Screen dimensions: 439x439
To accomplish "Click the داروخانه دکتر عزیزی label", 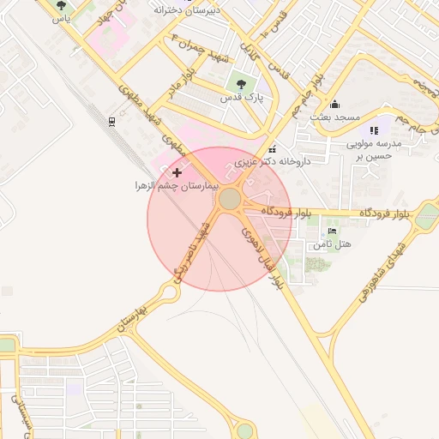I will click(x=286, y=160).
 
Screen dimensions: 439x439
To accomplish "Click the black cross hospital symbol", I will click(x=177, y=173).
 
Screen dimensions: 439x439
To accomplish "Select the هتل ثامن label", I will click(x=333, y=244).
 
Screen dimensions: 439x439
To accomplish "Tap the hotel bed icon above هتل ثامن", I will click(x=332, y=232).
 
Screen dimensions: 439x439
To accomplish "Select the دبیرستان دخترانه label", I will click(x=188, y=10).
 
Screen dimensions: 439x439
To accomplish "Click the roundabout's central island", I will click(x=230, y=200).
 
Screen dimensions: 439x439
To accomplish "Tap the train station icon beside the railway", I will click(x=112, y=122).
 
